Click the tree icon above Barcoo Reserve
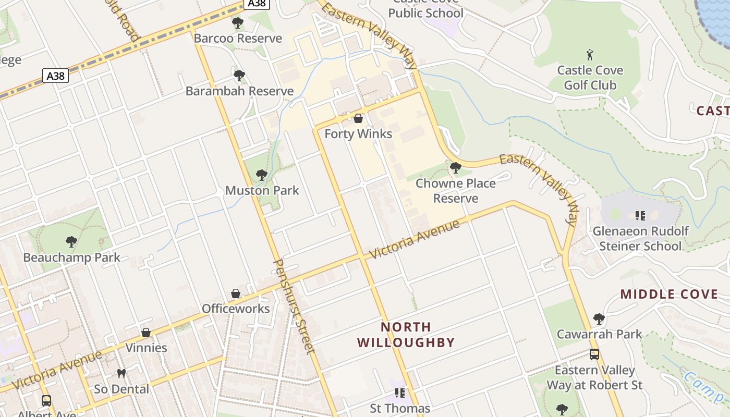click(238, 23)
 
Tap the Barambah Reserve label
click(239, 91)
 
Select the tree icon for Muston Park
click(262, 175)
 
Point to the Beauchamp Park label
click(71, 257)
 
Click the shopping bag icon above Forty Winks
click(358, 118)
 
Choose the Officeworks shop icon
click(236, 293)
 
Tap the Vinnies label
click(146, 348)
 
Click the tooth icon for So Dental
click(121, 373)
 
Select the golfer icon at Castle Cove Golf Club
click(590, 55)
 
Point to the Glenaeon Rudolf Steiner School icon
click(640, 215)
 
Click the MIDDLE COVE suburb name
click(669, 295)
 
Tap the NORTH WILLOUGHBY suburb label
click(406, 335)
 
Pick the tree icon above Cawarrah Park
click(599, 318)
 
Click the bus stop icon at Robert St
click(594, 354)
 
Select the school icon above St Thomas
click(400, 393)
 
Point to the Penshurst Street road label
click(295, 306)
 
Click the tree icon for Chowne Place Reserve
click(455, 168)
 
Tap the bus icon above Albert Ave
click(46, 400)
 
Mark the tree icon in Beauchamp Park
click(71, 242)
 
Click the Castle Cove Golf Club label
click(590, 78)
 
